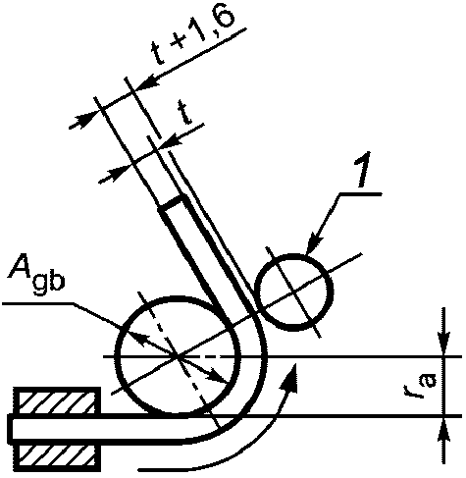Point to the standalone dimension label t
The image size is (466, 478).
point(185,113)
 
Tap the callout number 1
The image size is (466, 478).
point(362,170)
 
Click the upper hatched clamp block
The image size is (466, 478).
point(57,400)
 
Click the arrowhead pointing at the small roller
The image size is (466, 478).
point(313,243)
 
